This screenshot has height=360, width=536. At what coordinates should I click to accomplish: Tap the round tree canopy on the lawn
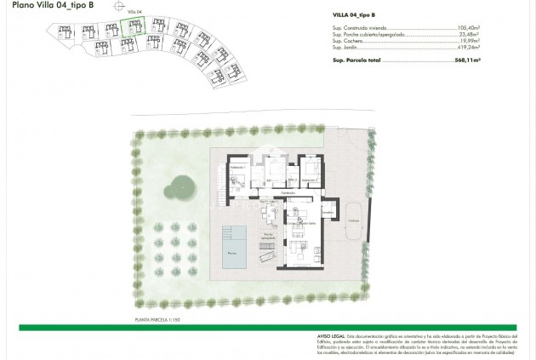(180, 186)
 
